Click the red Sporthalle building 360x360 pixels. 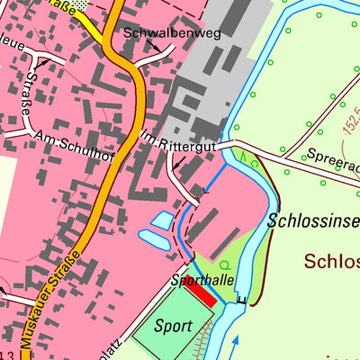[202, 294]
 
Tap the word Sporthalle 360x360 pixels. [203, 281]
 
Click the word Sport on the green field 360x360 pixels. [174, 325]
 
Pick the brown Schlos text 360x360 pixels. [331, 262]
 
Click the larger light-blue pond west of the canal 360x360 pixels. [154, 239]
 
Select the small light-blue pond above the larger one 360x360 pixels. [163, 220]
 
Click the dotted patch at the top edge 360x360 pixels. [83, 4]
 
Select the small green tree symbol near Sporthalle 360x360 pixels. [224, 265]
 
